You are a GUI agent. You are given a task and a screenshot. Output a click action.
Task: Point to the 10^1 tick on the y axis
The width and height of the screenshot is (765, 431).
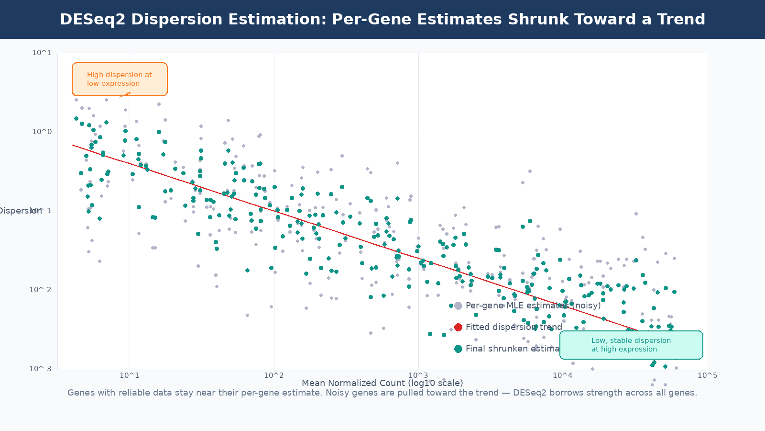pyautogui.click(x=42, y=53)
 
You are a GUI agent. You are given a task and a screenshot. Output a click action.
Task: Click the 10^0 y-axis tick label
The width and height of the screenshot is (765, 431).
pyautogui.click(x=42, y=132)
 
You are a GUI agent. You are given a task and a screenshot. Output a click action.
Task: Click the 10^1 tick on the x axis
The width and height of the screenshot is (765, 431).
pyautogui.click(x=130, y=375)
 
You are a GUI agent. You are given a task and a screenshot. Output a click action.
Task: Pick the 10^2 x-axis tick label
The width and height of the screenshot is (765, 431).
pyautogui.click(x=274, y=375)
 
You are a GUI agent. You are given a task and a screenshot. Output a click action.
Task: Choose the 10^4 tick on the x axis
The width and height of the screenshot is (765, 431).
pyautogui.click(x=563, y=375)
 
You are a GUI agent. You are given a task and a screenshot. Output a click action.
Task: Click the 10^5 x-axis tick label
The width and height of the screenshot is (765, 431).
pyautogui.click(x=707, y=375)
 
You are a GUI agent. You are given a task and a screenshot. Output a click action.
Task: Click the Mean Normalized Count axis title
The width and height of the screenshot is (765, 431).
pyautogui.click(x=382, y=383)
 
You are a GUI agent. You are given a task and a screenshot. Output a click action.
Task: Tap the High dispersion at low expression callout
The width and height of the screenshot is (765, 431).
pyautogui.click(x=120, y=79)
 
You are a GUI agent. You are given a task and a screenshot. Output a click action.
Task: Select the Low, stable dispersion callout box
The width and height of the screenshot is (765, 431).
pyautogui.click(x=631, y=345)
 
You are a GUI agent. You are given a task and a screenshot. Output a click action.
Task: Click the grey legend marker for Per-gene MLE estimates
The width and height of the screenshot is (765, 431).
pyautogui.click(x=458, y=306)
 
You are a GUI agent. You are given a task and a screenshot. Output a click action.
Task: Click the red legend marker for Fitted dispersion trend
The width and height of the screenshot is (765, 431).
pyautogui.click(x=458, y=327)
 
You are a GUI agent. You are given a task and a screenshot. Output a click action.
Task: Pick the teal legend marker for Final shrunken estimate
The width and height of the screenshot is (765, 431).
pyautogui.click(x=458, y=349)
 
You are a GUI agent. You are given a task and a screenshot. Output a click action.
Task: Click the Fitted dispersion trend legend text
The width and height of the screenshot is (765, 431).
pyautogui.click(x=514, y=327)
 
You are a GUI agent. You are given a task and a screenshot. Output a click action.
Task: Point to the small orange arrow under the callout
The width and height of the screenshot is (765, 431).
pyautogui.click(x=125, y=94)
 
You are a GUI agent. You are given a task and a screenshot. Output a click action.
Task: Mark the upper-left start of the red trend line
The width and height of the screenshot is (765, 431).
pyautogui.click(x=73, y=145)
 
